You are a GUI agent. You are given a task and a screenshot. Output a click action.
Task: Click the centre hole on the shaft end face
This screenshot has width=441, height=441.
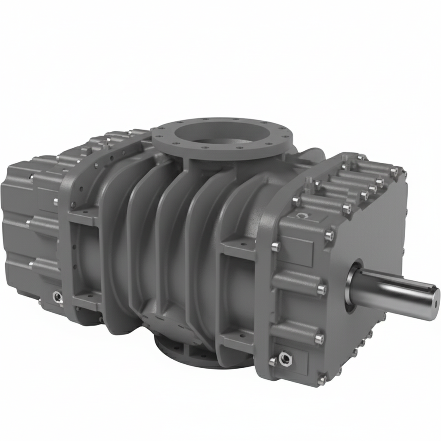[x=436, y=298]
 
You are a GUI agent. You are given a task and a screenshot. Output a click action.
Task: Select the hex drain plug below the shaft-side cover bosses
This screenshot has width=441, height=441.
[x=284, y=357]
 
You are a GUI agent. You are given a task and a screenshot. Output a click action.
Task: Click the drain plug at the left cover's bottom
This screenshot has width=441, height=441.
[x=56, y=296]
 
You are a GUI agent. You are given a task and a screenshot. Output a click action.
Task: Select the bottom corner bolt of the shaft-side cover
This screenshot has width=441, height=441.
[x=322, y=380]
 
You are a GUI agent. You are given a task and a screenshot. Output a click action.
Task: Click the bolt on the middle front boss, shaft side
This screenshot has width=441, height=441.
[x=321, y=290]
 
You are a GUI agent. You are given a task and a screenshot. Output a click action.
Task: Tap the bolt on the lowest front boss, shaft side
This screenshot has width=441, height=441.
[x=319, y=339]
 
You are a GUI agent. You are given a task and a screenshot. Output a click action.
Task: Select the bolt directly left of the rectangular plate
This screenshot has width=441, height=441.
[x=276, y=246]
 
